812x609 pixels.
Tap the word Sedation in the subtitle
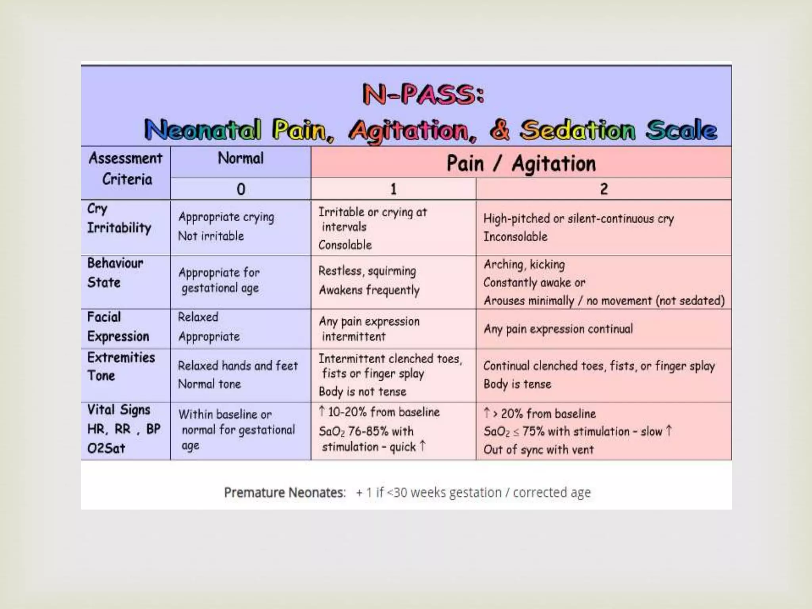click(578, 130)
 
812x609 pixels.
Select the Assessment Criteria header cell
click(126, 169)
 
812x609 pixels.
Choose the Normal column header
click(241, 159)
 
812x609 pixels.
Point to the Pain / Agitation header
click(521, 163)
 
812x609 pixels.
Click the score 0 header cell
click(241, 189)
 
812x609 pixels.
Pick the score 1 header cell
click(393, 189)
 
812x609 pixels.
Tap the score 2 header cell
click(603, 189)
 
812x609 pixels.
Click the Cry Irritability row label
click(119, 218)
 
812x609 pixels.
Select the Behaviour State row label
click(115, 273)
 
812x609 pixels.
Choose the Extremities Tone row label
click(121, 366)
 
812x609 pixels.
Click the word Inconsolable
click(515, 237)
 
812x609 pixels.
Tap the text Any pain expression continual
click(558, 329)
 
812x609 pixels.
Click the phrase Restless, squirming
click(367, 271)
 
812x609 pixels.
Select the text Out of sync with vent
click(538, 450)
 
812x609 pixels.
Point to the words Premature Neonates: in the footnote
click(285, 492)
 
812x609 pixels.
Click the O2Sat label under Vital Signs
click(106, 448)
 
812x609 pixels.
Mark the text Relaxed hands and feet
click(237, 366)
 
